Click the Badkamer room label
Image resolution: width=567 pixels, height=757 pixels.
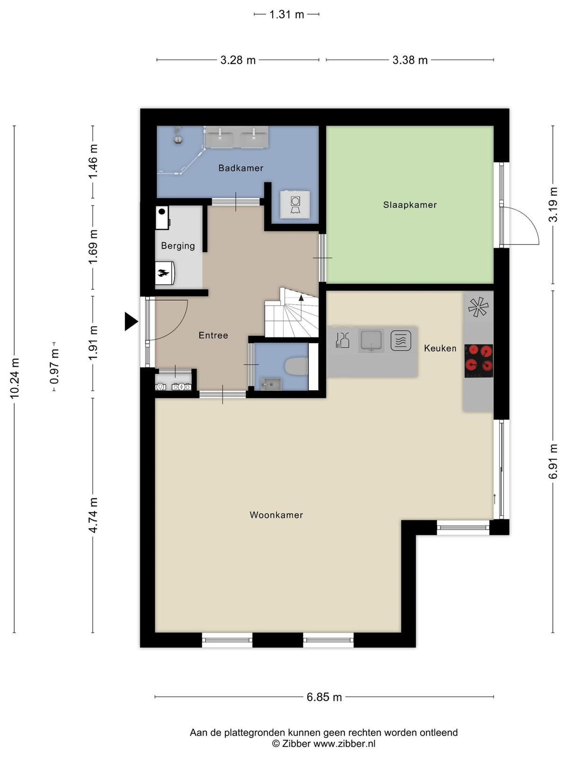tap(241, 168)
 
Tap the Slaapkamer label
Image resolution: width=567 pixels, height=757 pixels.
tap(410, 204)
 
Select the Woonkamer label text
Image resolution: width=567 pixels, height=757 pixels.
tap(276, 515)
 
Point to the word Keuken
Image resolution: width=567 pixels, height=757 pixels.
tap(440, 348)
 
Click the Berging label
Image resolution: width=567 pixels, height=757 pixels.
tap(178, 246)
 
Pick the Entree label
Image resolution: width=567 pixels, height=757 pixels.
tap(213, 335)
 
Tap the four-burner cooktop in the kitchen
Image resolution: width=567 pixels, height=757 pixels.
tap(479, 361)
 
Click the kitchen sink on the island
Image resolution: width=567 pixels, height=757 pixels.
tap(371, 341)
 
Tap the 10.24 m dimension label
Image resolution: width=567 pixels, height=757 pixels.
tap(15, 378)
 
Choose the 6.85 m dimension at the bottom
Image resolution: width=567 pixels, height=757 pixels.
tap(324, 696)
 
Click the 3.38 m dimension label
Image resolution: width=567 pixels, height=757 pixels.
tap(410, 61)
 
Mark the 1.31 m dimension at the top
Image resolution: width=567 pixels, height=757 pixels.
tap(286, 15)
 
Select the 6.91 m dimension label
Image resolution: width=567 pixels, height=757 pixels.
tap(553, 461)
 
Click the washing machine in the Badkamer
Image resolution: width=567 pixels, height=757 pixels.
tap(295, 204)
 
